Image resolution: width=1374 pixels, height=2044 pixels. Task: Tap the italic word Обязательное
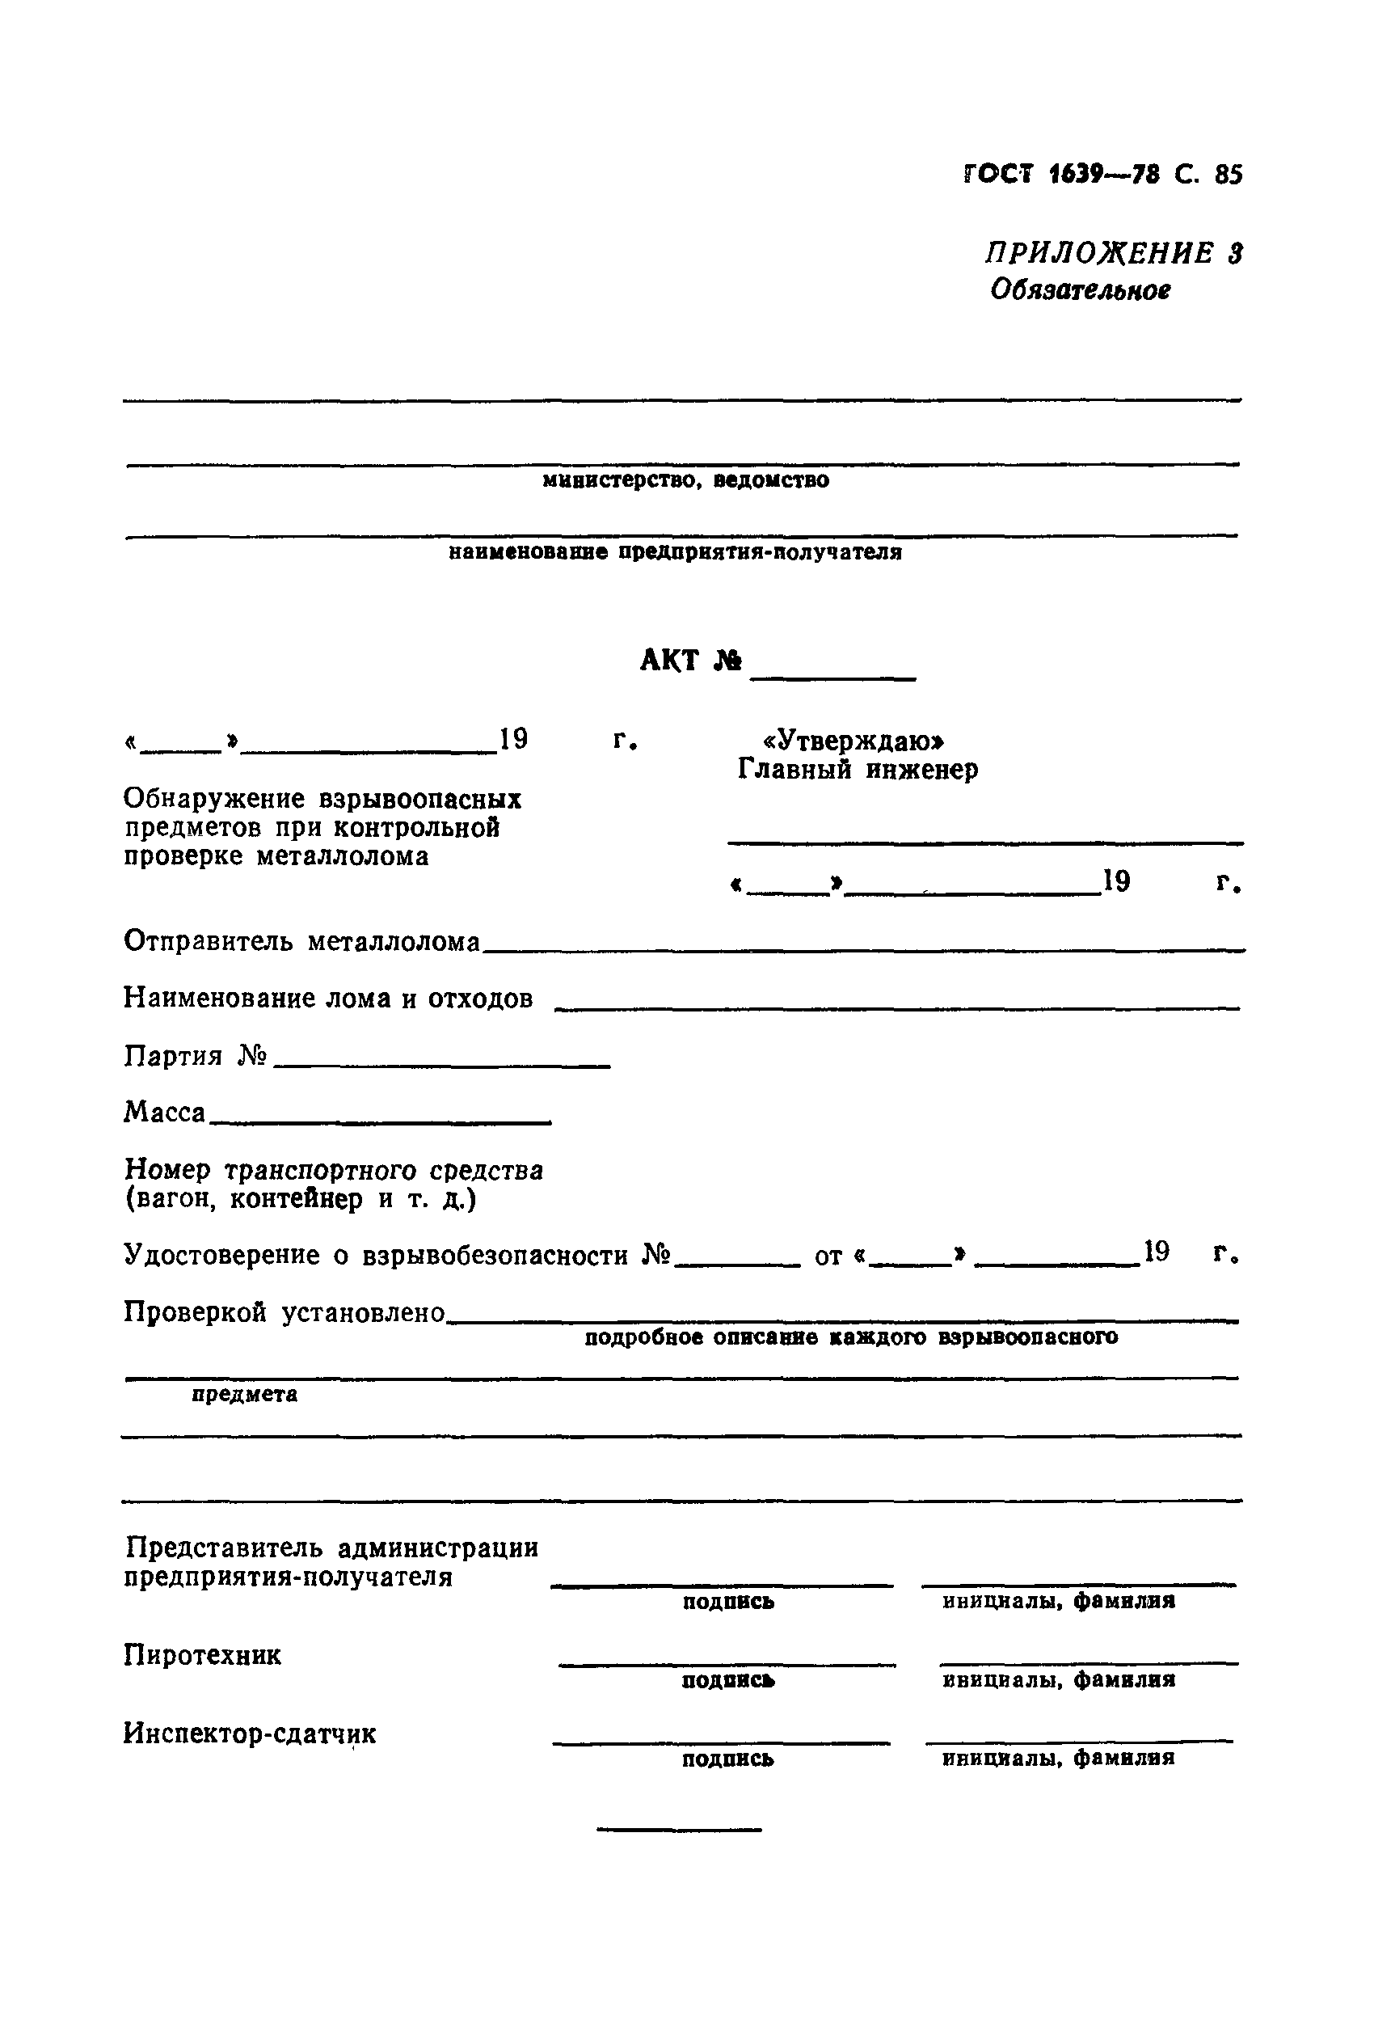[x=1080, y=289]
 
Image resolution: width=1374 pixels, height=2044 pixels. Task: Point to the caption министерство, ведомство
[x=685, y=480]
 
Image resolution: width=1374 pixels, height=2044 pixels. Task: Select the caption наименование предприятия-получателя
[x=675, y=552]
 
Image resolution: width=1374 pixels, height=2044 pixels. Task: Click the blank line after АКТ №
[x=833, y=675]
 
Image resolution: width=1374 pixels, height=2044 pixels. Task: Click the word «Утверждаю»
[x=854, y=741]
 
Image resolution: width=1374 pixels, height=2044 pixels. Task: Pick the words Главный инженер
[x=857, y=770]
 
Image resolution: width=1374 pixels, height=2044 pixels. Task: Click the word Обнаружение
[x=214, y=799]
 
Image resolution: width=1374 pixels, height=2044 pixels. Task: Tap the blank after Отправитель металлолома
[x=863, y=947]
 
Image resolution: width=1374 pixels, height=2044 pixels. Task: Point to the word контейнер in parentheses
[x=296, y=1199]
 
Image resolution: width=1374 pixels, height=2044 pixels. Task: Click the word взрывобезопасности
[x=495, y=1255]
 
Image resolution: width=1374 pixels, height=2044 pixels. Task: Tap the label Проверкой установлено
[x=284, y=1312]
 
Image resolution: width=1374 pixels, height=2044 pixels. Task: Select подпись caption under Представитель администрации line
[x=728, y=1603]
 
